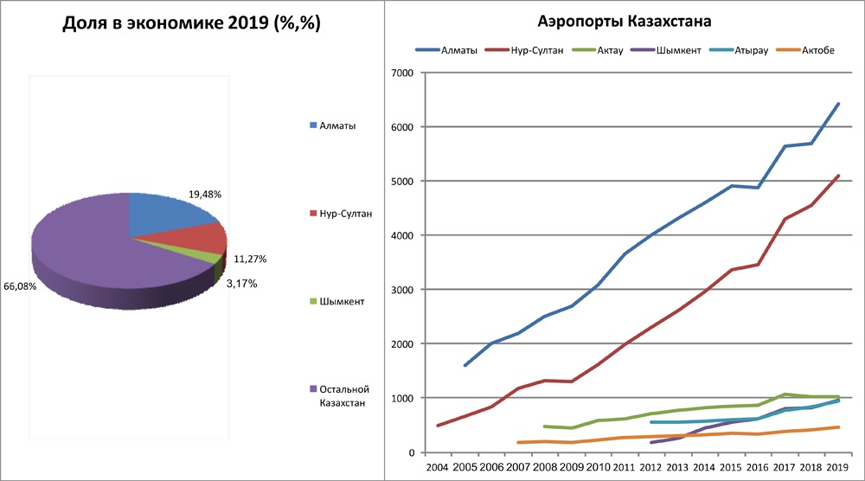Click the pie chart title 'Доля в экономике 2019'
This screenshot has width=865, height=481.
[192, 24]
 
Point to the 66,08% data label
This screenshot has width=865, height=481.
[20, 286]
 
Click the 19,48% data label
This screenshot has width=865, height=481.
[205, 196]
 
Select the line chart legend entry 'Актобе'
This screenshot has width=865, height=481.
[818, 50]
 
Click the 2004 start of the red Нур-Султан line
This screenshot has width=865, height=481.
[438, 426]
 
